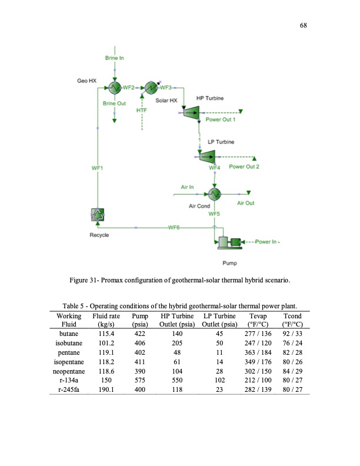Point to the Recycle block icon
[98, 216]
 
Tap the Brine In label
[114, 58]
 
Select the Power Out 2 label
[244, 167]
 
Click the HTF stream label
[141, 110]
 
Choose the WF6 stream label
[174, 227]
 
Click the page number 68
[304, 26]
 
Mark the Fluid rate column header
[106, 319]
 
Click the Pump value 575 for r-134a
[139, 382]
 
